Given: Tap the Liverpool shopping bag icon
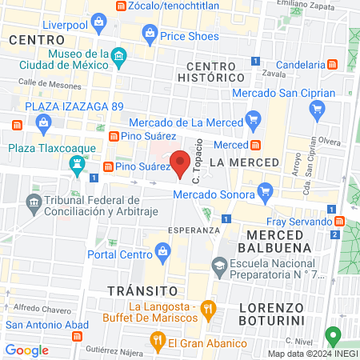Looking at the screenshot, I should coord(99,22).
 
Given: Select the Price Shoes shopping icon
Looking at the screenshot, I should coord(149,34).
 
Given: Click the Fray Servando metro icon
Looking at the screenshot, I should coord(340,221).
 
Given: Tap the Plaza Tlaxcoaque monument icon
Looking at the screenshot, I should coord(78,165).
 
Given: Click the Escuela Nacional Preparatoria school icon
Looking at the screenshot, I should coord(219,265).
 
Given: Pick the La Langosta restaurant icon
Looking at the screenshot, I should coord(207,308).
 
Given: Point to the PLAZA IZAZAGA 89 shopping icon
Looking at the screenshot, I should coord(42,121).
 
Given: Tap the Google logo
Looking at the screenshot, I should coord(26,350).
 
